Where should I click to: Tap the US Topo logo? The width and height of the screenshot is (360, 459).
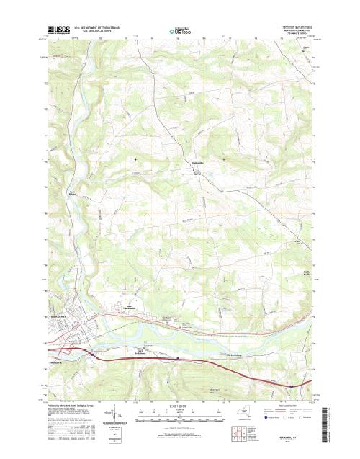click(x=179, y=32)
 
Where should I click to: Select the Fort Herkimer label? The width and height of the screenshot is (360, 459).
click(x=142, y=352)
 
